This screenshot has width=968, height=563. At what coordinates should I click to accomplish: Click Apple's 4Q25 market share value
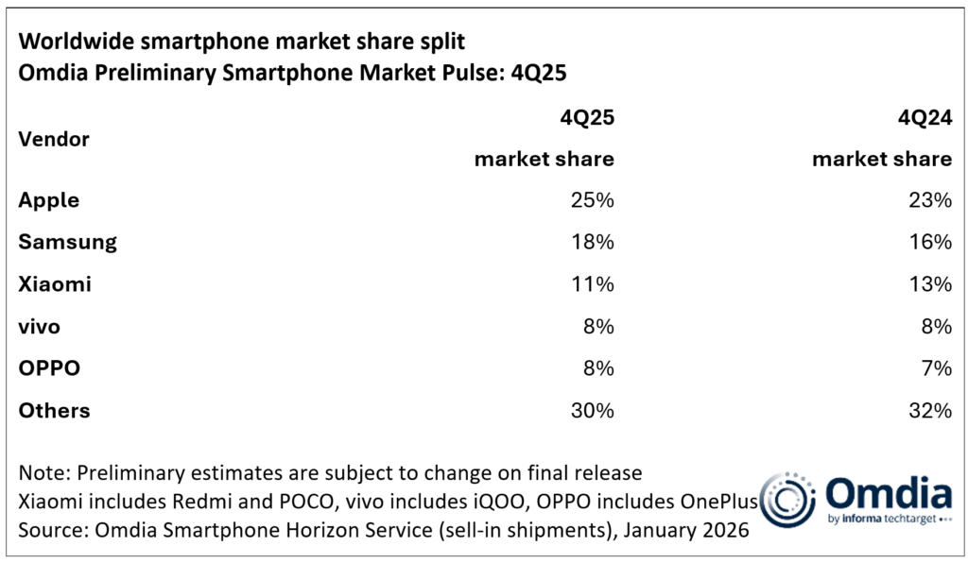point(593,200)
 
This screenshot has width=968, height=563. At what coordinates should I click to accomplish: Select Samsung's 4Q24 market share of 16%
point(930,242)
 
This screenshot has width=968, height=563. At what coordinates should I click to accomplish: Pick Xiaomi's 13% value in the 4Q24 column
point(930,284)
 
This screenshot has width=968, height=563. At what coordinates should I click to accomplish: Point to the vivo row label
point(40,327)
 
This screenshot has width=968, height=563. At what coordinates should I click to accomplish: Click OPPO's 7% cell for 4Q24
point(935,368)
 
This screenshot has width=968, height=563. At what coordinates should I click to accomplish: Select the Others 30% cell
point(592,411)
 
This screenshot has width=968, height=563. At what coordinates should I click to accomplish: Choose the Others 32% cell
point(929,411)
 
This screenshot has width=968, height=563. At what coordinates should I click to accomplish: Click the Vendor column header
point(54,139)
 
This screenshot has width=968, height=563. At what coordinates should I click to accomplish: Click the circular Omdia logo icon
point(787,498)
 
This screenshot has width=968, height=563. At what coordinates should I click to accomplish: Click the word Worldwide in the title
point(77,43)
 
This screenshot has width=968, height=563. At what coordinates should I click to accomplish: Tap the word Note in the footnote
point(41,471)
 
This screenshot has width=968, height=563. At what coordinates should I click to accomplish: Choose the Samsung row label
point(67,242)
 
